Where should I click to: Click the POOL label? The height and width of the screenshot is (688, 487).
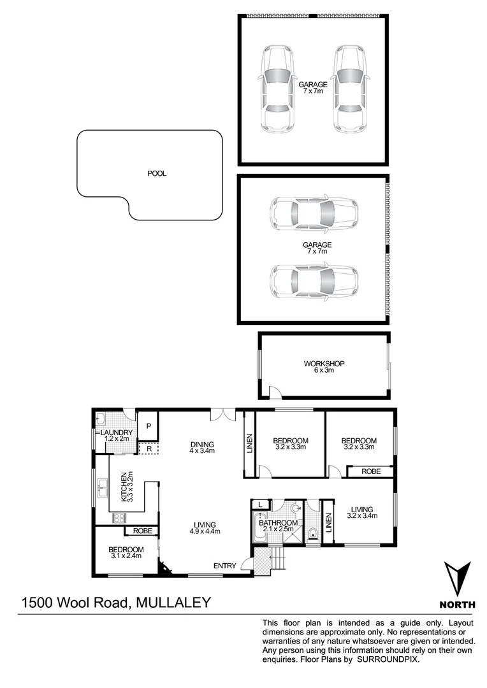pyautogui.click(x=156, y=173)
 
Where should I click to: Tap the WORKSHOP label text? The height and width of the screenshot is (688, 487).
pyautogui.click(x=324, y=364)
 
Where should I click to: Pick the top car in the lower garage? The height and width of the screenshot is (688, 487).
pyautogui.click(x=314, y=213)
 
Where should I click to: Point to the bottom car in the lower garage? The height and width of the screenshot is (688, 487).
pyautogui.click(x=314, y=281)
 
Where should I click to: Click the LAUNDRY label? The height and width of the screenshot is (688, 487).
pyautogui.click(x=116, y=433)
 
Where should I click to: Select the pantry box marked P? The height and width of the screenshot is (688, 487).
pyautogui.click(x=148, y=426)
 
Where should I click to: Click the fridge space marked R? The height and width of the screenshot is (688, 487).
pyautogui.click(x=148, y=448)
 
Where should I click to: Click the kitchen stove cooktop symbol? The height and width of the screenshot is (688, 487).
pyautogui.click(x=119, y=518)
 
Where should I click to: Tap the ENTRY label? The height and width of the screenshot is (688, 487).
pyautogui.click(x=224, y=565)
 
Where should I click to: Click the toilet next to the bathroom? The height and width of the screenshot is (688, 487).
pyautogui.click(x=312, y=533)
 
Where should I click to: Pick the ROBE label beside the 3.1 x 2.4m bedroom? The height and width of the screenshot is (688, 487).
pyautogui.click(x=142, y=531)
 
